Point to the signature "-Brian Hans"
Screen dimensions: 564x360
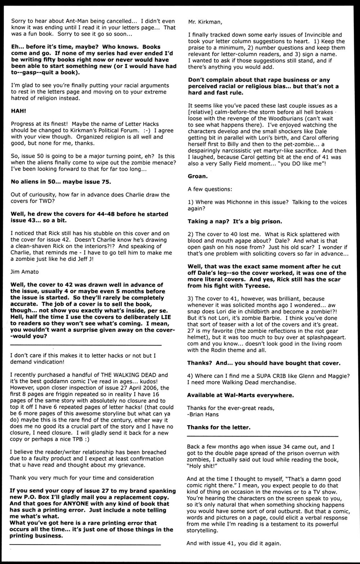tap(203, 414)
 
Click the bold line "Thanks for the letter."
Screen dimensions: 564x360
tap(218, 427)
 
